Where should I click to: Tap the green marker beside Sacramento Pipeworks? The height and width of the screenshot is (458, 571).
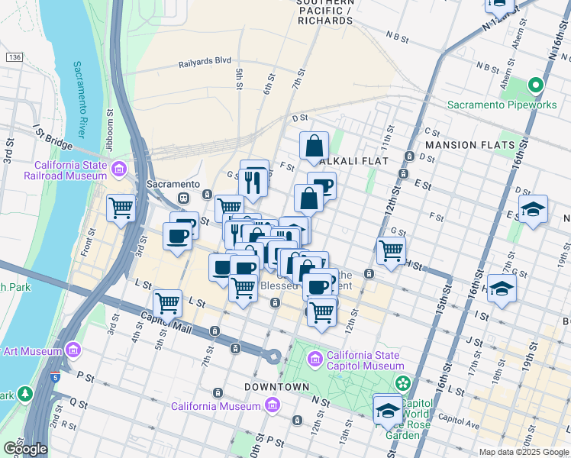pyautogui.click(x=536, y=86)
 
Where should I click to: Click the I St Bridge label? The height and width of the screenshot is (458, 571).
pyautogui.click(x=52, y=138)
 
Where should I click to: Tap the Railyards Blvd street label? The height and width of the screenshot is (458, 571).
pyautogui.click(x=205, y=64)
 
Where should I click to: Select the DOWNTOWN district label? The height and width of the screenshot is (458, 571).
pyautogui.click(x=276, y=387)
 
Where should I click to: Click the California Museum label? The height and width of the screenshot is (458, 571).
pyautogui.click(x=215, y=406)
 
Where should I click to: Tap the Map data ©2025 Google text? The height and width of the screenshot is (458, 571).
pyautogui.click(x=524, y=452)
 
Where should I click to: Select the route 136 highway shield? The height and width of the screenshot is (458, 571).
pyautogui.click(x=14, y=57)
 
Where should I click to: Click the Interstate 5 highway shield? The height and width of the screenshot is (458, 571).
pyautogui.click(x=54, y=377)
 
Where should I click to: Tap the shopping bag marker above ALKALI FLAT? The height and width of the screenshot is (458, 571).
pyautogui.click(x=315, y=146)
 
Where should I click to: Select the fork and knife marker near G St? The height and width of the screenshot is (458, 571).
pyautogui.click(x=254, y=181)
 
